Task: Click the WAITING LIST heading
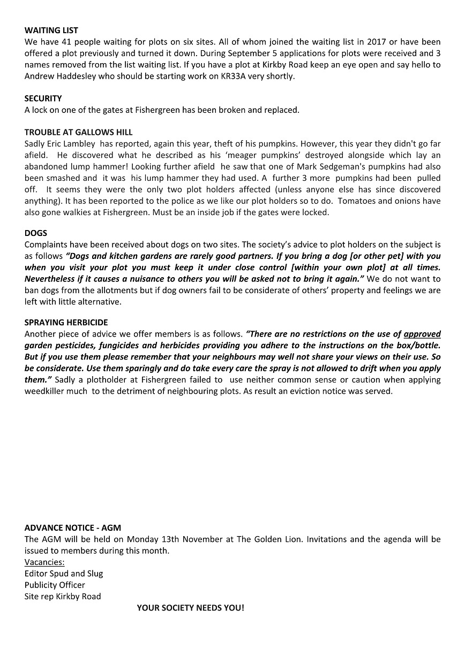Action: click(51, 30)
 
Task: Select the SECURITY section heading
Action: click(43, 98)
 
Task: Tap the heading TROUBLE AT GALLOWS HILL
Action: click(78, 132)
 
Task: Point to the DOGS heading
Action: click(35, 233)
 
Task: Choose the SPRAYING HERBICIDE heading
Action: click(66, 323)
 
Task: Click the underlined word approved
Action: click(422, 334)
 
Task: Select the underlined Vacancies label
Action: click(44, 562)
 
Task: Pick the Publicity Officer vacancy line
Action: click(55, 585)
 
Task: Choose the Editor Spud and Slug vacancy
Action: click(64, 574)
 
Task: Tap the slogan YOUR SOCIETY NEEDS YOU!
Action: click(190, 608)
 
